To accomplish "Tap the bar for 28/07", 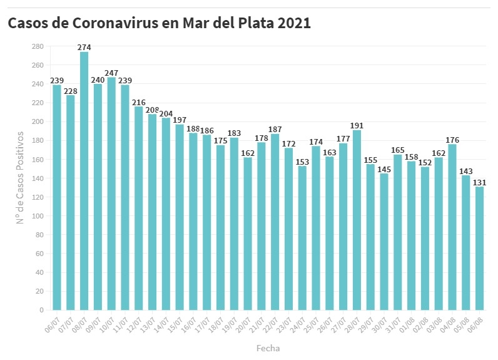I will pos(357,220).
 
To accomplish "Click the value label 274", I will pos(84,47).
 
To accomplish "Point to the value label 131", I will pos(479,182).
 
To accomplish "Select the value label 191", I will pos(357,125).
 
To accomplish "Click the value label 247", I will pos(111,73).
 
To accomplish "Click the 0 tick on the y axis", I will pos(41,310).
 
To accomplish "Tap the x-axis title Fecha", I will pos(268,347).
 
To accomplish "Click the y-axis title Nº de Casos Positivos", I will pos(20,178).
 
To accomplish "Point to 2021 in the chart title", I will pos(293,23).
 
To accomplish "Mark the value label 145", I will pos(384,169).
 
